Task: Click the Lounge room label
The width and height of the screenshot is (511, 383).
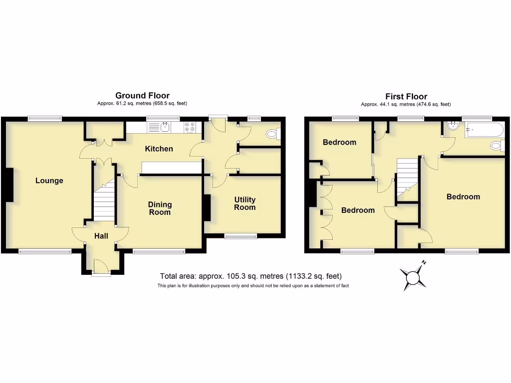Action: click(49, 181)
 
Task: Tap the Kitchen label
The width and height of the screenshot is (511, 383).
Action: click(159, 149)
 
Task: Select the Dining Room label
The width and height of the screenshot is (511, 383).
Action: click(160, 208)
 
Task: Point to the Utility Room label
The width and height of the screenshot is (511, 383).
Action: click(245, 203)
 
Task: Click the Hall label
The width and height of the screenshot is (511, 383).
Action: click(101, 236)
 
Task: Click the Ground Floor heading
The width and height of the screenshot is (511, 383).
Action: click(142, 95)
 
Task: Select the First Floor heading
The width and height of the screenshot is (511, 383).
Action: click(406, 96)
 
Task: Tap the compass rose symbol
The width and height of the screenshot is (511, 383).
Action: click(413, 275)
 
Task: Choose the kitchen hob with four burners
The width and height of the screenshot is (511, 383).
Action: click(190, 128)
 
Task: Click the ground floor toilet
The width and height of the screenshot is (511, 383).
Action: click(273, 134)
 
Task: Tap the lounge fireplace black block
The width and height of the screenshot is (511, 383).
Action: click(9, 185)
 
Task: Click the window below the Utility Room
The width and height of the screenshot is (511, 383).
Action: click(240, 236)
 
